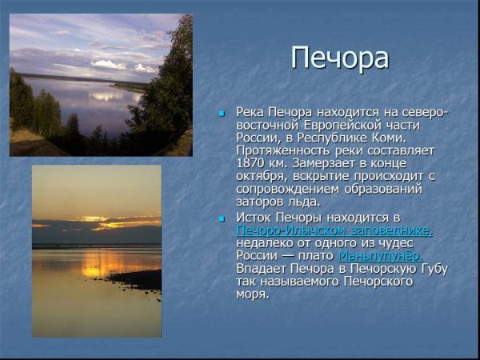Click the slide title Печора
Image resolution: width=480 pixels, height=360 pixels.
pyautogui.click(x=340, y=58)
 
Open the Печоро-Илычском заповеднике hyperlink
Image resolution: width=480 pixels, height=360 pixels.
pyautogui.click(x=334, y=230)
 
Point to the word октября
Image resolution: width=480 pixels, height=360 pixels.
pyautogui.click(x=262, y=176)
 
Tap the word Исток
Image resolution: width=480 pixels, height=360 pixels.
pyautogui.click(x=255, y=218)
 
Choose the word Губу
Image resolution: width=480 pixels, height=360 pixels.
pyautogui.click(x=432, y=269)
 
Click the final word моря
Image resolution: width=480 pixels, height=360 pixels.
pyautogui.click(x=252, y=294)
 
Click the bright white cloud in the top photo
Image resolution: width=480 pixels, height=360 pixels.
pyautogui.click(x=108, y=64)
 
